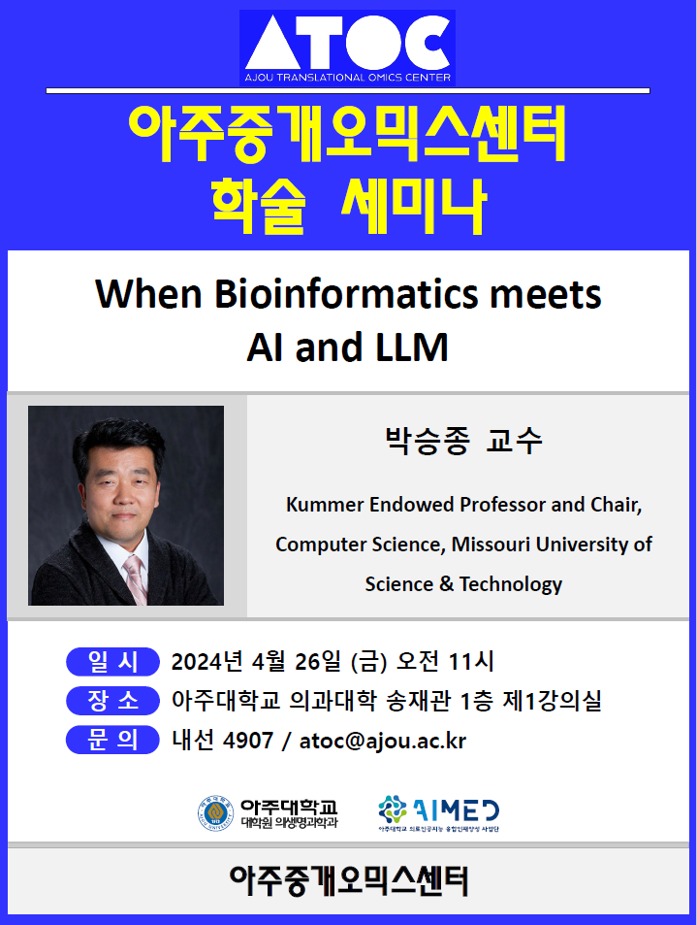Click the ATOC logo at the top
coord(347,48)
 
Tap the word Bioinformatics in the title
coord(346,294)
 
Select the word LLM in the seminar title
coord(412,347)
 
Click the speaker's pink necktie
coord(136,578)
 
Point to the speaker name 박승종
coord(428,441)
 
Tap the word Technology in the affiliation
coord(511,584)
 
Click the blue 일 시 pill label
coord(112,661)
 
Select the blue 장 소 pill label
coord(112,701)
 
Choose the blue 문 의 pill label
coord(112,740)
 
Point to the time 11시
coord(471,662)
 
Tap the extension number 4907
coord(248,741)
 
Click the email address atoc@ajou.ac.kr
coord(383,741)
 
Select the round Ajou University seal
coord(215,813)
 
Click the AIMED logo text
coord(456,810)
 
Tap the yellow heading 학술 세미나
coord(348,205)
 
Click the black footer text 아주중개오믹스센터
coord(348,881)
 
